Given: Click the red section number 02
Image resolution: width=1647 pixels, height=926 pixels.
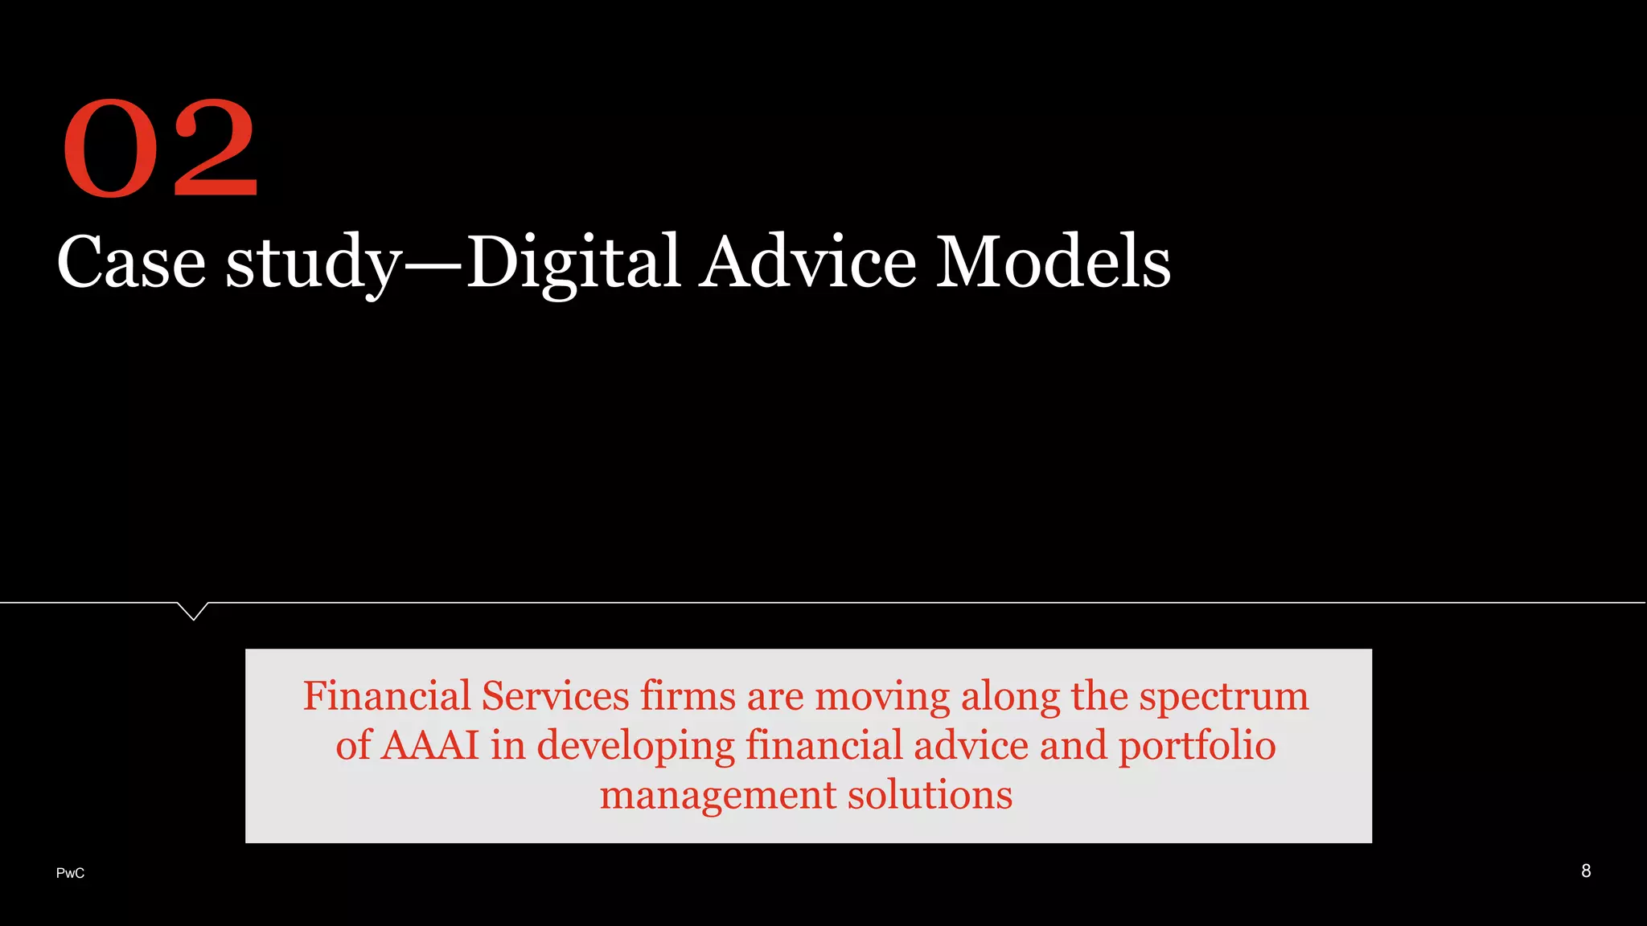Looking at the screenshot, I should [x=160, y=148].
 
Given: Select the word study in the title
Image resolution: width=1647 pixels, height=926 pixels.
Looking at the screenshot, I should [x=313, y=264].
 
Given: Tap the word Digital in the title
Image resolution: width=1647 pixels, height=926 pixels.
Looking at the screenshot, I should [x=573, y=262].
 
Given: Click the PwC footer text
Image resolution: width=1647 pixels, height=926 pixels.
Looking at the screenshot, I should [x=70, y=873].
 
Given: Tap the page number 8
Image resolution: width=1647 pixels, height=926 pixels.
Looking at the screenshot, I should [x=1586, y=871].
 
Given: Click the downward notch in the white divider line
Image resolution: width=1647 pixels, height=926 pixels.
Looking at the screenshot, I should [x=193, y=612].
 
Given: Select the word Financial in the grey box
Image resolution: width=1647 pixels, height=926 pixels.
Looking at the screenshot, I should [x=387, y=696].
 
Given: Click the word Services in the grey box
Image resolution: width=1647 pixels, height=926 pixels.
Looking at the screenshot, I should [x=555, y=696].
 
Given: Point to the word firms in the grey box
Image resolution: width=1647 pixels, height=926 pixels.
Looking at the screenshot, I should [x=688, y=696].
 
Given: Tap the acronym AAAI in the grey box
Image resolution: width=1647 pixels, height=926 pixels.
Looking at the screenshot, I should [x=429, y=745].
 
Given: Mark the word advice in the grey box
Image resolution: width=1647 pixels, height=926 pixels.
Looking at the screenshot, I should [x=971, y=745].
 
